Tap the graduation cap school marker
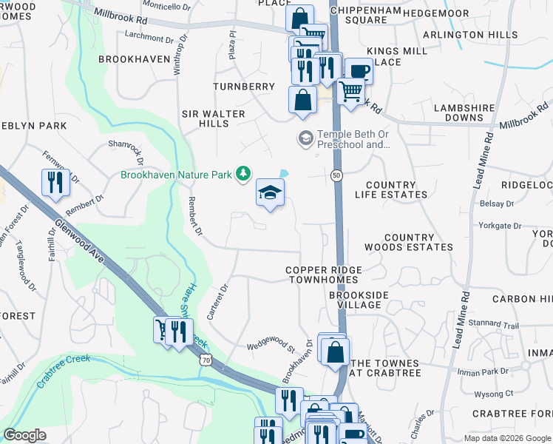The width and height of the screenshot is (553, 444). [x=271, y=193]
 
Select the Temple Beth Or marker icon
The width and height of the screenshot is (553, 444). [x=305, y=138]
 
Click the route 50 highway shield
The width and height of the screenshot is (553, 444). [x=336, y=175]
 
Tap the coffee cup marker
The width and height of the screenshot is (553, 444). [x=359, y=72]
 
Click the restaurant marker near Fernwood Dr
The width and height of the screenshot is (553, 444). [x=55, y=183]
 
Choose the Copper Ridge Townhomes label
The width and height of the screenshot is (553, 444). [x=322, y=275]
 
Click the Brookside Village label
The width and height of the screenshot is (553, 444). [x=359, y=300]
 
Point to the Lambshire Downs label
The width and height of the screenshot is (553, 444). [x=464, y=112]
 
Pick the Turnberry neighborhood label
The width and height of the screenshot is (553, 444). [x=244, y=87]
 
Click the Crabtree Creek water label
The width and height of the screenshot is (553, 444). [x=63, y=367]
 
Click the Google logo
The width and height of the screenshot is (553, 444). [x=24, y=435]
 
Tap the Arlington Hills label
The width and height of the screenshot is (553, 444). [x=470, y=35]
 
